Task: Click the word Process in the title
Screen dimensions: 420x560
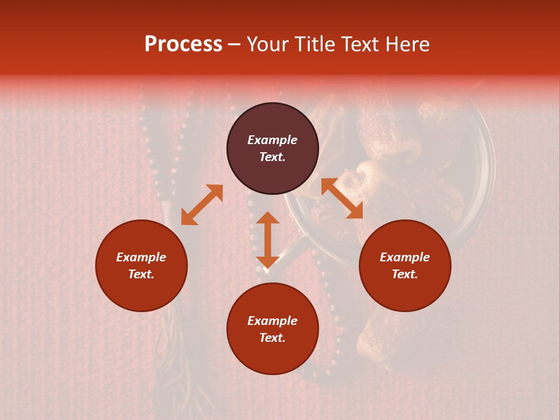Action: (x=183, y=44)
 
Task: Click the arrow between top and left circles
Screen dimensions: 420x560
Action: (x=202, y=205)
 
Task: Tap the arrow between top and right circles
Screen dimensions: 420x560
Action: (x=342, y=198)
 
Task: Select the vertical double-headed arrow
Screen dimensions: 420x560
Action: (x=268, y=240)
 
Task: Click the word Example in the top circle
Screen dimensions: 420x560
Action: (x=272, y=140)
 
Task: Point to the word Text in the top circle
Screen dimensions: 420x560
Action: (x=271, y=157)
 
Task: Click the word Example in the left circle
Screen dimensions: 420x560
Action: (x=141, y=257)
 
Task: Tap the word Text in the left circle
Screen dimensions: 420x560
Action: (x=140, y=274)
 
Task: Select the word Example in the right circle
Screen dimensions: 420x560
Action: (x=405, y=257)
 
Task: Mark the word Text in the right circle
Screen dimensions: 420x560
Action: (x=403, y=274)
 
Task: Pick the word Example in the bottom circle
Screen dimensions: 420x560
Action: (x=272, y=321)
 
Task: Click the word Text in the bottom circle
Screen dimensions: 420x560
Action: (x=271, y=338)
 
